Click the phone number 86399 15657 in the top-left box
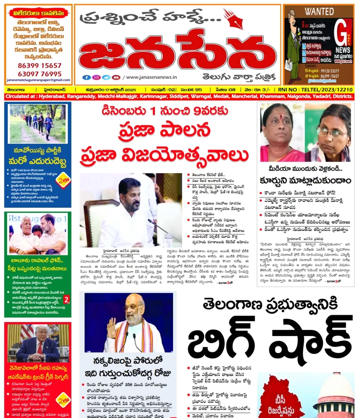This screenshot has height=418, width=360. [40, 65]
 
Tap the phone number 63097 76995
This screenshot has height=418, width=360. [40, 73]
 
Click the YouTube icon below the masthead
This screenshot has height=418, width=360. [116, 77]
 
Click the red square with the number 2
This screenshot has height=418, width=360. [67, 300]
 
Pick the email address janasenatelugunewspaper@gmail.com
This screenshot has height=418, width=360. [39, 80]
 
